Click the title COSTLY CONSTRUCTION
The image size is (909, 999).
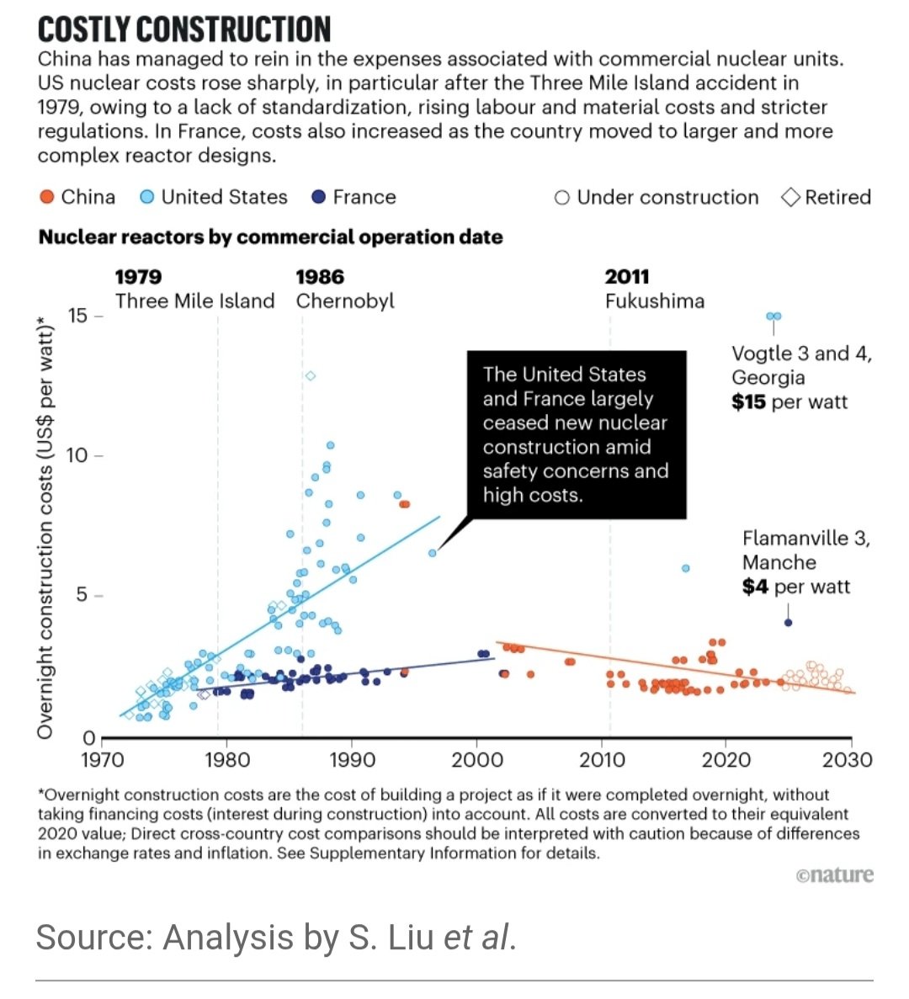click(x=183, y=30)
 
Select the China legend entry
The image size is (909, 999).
click(x=77, y=197)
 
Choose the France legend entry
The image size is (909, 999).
click(x=353, y=197)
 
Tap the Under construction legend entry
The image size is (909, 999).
click(x=656, y=197)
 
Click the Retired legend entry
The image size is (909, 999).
click(x=827, y=197)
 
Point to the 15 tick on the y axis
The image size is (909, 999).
click(x=77, y=316)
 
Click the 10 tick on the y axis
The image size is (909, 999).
click(x=77, y=455)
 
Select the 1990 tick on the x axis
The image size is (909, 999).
click(x=352, y=759)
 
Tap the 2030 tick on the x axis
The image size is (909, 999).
click(x=848, y=759)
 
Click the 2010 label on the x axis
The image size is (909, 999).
click(x=602, y=759)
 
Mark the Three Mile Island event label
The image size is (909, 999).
click(x=194, y=300)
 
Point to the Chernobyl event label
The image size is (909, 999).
click(x=344, y=300)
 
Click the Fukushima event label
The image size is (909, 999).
click(x=654, y=300)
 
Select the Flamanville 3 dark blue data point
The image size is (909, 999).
click(x=788, y=623)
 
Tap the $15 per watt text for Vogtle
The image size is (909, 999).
click(x=789, y=401)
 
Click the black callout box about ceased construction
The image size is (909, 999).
click(x=576, y=434)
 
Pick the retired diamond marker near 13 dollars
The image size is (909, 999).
click(x=311, y=375)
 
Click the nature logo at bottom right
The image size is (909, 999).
click(x=834, y=875)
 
